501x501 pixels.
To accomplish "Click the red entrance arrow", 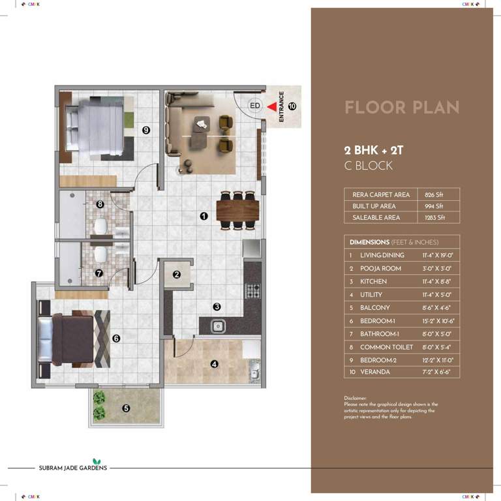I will (x=270, y=104).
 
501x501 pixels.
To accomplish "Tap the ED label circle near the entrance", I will (x=254, y=105).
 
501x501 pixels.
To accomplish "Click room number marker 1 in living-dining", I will (x=204, y=216).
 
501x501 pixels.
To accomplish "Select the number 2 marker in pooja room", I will (x=177, y=275).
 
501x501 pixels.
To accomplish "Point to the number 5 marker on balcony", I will (x=126, y=409).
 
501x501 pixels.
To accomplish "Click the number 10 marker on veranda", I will (x=292, y=105).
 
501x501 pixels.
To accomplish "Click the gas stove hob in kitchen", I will (x=252, y=290).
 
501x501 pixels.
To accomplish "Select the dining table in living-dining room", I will (x=237, y=210).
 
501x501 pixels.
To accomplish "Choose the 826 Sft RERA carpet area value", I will (x=434, y=194).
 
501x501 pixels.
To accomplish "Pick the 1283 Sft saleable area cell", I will (x=434, y=218).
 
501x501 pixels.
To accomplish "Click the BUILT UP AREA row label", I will (x=374, y=206).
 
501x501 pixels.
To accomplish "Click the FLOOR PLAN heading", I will (x=401, y=108).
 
